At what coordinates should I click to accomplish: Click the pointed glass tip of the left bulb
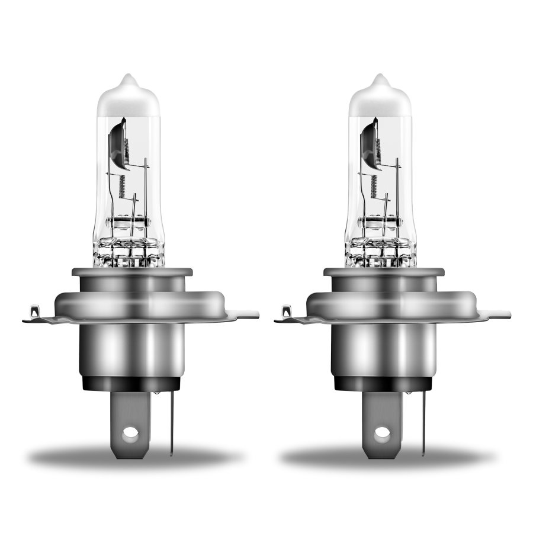click(x=127, y=77)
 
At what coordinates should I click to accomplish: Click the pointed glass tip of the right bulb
click(x=380, y=77)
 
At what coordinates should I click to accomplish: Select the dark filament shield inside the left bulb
click(x=117, y=142)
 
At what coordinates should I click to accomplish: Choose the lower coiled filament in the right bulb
click(x=373, y=187)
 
